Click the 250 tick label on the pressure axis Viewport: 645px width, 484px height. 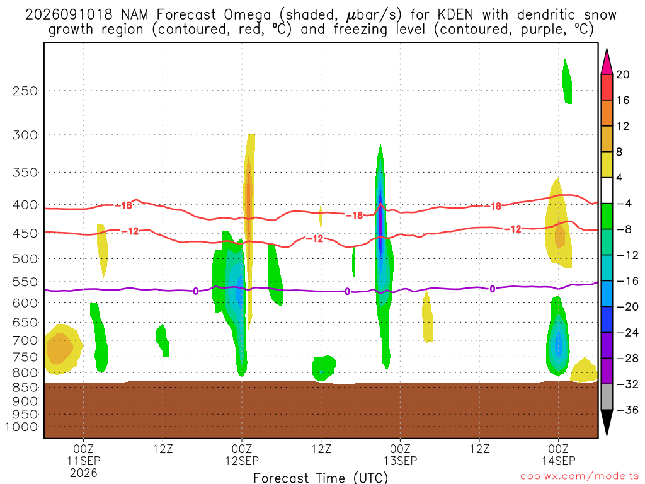tap(25, 91)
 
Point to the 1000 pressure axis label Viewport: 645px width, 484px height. tap(21, 427)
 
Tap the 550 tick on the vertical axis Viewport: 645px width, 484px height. tap(25, 282)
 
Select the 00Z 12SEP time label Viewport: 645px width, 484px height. tap(242, 454)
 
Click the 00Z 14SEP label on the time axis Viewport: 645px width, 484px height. tap(559, 454)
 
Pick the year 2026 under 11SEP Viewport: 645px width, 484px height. tap(84, 473)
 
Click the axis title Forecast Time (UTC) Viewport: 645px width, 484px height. tap(321, 478)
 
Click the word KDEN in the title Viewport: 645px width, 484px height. tap(455, 15)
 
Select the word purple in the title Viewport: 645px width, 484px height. tap(539, 30)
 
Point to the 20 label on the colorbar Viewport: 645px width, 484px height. tap(623, 74)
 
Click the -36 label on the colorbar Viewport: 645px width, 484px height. tap(627, 410)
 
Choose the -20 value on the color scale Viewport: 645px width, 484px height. tap(627, 307)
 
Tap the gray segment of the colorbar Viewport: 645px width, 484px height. tap(607, 397)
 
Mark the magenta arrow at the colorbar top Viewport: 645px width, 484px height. tap(607, 62)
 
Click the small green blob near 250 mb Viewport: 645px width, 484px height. tap(567, 82)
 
